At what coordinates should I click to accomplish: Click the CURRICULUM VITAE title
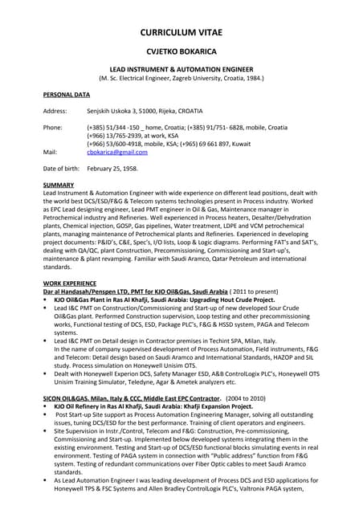pos(181,32)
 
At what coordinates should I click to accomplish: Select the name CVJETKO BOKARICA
pos(181,51)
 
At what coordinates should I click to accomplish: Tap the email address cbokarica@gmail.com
pos(117,151)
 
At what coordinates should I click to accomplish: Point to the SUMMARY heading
pos(59,186)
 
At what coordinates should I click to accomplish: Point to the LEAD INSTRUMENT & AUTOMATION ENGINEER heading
pos(181,71)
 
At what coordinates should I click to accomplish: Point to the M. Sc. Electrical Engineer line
pos(181,79)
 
